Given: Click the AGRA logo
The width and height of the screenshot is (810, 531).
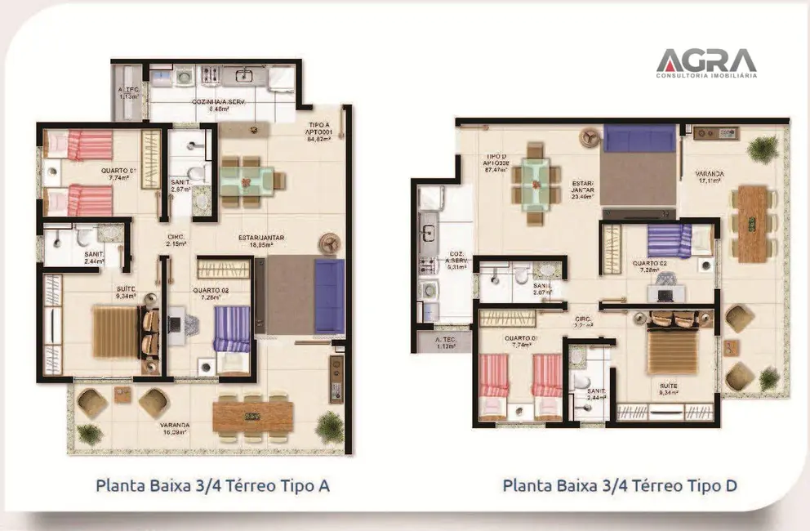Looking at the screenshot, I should click(705, 62).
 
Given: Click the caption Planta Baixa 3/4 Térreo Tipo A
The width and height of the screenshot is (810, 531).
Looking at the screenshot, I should click(212, 486).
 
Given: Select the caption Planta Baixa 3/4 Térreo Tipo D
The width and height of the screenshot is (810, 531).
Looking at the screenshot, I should click(620, 486).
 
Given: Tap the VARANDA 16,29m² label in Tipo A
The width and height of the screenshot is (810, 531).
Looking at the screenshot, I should click(175, 429).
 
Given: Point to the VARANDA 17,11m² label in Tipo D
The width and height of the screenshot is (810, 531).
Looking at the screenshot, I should click(709, 177).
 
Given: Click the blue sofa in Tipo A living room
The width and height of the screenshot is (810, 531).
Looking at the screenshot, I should click(329, 296).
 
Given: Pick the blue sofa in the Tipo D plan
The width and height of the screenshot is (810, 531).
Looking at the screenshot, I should click(640, 138).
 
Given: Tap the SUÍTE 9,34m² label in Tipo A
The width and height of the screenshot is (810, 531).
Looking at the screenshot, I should click(127, 292).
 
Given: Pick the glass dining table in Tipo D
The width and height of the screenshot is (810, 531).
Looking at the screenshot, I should click(535, 184).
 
